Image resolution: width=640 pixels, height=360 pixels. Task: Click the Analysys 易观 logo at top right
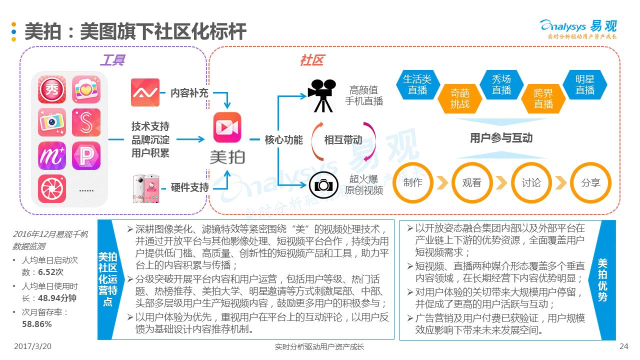pos(578,28)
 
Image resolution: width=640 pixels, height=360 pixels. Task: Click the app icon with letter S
pos(87,123)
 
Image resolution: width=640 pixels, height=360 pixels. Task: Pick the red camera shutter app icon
pos(52,189)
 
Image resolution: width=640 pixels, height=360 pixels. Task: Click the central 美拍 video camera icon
pos(227,127)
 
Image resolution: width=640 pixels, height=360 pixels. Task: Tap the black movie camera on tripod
pos(320,95)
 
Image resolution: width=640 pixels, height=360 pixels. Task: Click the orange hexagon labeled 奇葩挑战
pos(459,98)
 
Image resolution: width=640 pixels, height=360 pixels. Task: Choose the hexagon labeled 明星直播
pos(584,85)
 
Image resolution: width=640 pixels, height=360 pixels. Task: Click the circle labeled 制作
pos(412,182)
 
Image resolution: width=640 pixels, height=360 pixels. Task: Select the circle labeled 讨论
pos(531,182)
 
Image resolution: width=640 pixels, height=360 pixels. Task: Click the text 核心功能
pos(283,140)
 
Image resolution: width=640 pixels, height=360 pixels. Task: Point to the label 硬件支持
pos(189,187)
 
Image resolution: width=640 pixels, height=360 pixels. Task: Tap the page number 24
pos(623,346)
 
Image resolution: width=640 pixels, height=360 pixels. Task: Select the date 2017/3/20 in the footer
pos(33,346)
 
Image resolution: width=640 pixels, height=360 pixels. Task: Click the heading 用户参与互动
pos(501,138)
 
